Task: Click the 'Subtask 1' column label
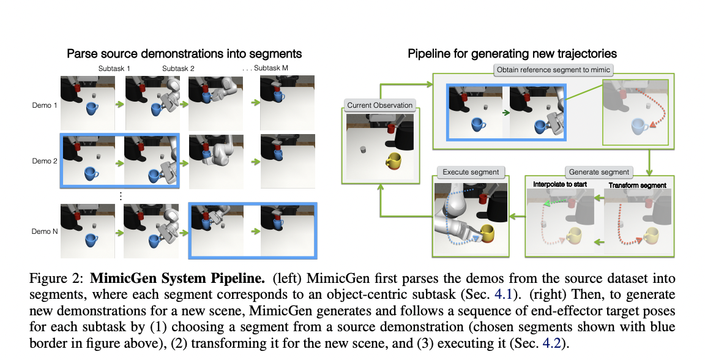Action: tap(114, 69)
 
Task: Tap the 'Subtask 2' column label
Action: tap(179, 69)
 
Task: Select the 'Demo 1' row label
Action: tap(44, 105)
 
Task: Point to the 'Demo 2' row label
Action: tap(44, 161)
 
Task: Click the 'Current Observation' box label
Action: tap(379, 105)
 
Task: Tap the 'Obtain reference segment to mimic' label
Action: tap(553, 70)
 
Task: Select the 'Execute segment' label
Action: tap(471, 172)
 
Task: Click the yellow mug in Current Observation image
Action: tap(394, 161)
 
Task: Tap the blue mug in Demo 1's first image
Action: tap(92, 108)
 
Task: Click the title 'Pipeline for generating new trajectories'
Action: tap(512, 54)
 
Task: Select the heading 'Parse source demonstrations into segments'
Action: tap(184, 54)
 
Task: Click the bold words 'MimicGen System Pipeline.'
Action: tap(177, 279)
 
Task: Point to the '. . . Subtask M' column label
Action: tap(266, 68)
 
